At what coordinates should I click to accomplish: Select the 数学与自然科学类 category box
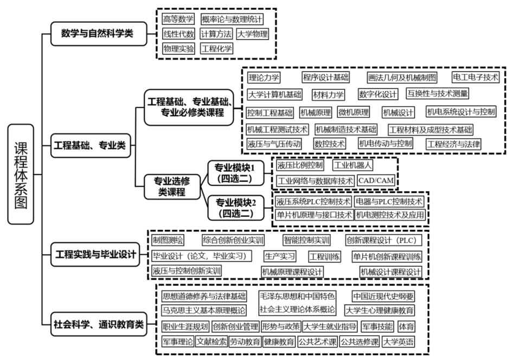point(101,35)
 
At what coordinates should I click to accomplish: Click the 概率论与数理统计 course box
point(232,20)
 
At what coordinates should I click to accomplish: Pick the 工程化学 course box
point(216,49)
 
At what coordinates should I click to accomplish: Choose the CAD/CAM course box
point(376,180)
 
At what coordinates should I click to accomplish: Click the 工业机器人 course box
point(353,165)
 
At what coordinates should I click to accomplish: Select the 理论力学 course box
point(264,78)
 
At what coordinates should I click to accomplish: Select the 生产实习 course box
point(280,256)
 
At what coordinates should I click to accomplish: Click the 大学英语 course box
point(398,342)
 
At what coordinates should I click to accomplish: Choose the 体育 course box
point(406,326)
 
